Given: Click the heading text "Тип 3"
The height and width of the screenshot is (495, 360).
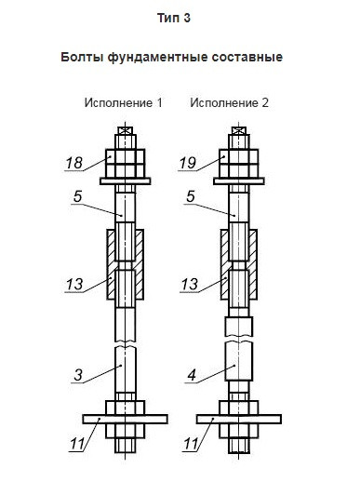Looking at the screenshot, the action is [174, 18].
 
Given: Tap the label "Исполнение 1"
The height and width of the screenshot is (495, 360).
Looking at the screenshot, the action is [124, 103].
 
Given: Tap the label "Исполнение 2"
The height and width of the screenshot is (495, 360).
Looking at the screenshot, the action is [230, 103].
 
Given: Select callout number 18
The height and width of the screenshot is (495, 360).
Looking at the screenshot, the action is [74, 163].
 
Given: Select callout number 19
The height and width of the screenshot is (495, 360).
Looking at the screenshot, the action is [188, 163].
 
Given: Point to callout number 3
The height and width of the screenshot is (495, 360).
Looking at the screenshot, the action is [78, 375].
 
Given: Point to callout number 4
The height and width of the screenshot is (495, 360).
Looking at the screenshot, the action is [192, 375].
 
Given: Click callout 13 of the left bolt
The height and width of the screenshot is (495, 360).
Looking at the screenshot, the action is [74, 285].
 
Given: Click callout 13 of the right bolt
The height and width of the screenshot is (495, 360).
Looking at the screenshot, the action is [190, 285].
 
